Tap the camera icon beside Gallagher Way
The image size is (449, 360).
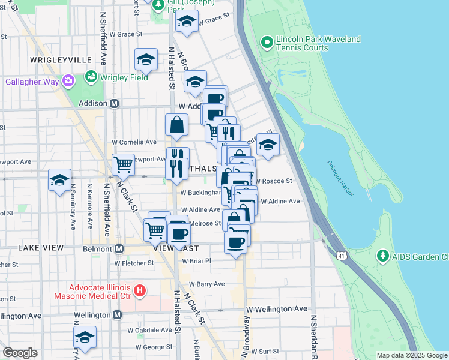click(68, 80)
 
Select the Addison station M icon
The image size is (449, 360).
click(114, 103)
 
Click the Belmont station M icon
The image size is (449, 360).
click(119, 248)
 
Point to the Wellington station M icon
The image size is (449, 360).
click(117, 315)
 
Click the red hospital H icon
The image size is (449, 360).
click(140, 291)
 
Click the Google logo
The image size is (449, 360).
click(20, 353)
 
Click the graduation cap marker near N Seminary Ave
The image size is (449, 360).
click(60, 180)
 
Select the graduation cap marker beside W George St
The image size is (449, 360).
click(85, 338)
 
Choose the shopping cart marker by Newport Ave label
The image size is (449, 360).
click(123, 164)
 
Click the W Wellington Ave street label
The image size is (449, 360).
click(276, 309)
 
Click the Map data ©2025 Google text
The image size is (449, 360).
click(411, 355)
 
